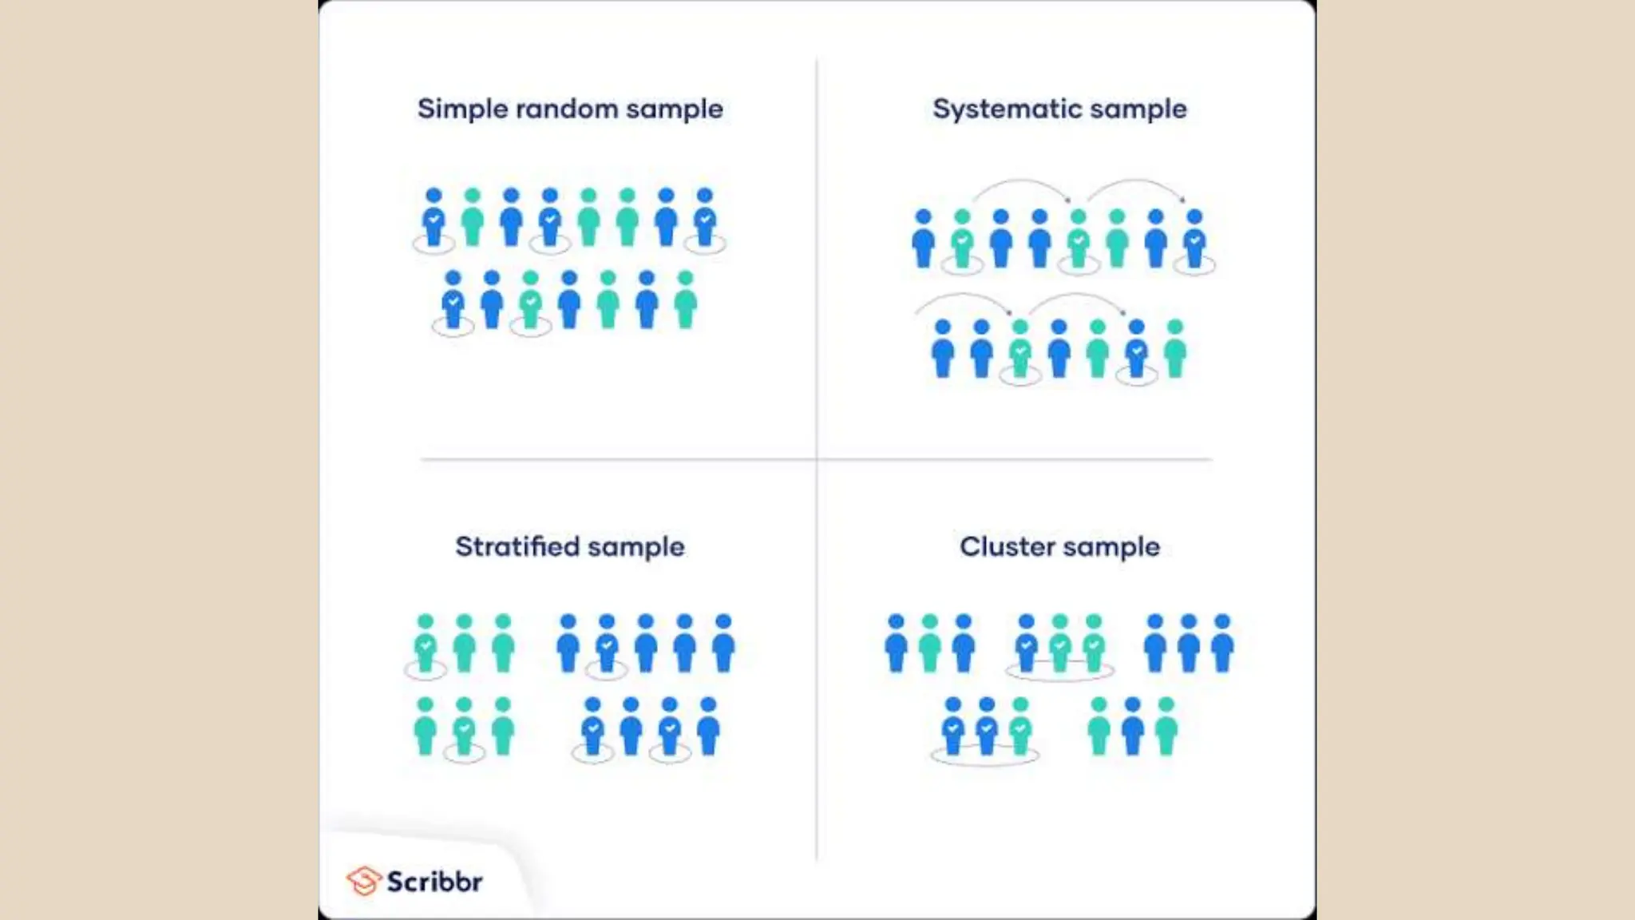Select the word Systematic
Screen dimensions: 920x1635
click(1009, 109)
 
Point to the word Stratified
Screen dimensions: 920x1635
click(517, 547)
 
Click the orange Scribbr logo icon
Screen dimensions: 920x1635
click(363, 882)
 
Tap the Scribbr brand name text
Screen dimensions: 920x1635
click(435, 882)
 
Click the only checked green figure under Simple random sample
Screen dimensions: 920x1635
click(530, 301)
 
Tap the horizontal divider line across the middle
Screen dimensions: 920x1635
click(639, 459)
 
